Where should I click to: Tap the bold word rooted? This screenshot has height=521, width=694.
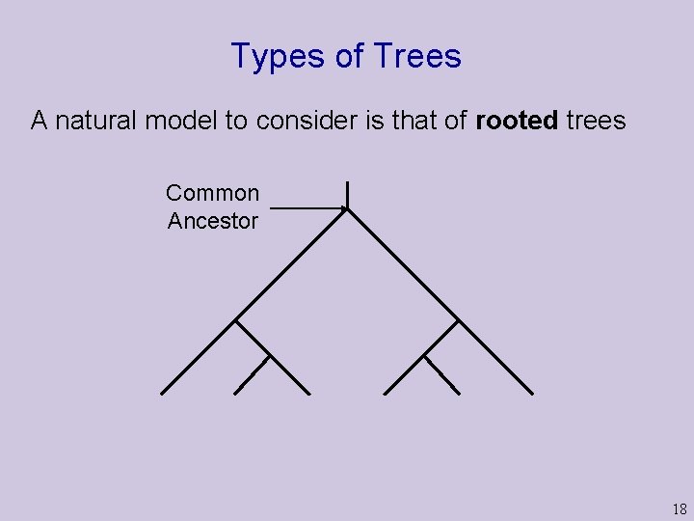517,121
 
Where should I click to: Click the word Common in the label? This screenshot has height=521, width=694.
212,193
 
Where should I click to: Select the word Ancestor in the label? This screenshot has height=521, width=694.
212,221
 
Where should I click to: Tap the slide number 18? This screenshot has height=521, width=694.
680,509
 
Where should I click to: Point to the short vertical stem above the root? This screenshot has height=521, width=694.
347,193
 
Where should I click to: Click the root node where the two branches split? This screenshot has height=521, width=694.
347,208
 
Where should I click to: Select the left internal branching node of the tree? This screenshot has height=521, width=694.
236,320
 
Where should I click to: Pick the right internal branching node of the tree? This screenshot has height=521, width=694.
457,320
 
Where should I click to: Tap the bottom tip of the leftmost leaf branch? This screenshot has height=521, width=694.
162,393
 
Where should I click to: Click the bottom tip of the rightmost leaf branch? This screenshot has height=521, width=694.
531,393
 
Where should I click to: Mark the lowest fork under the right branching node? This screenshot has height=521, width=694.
424,356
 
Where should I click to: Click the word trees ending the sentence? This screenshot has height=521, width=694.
596,121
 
